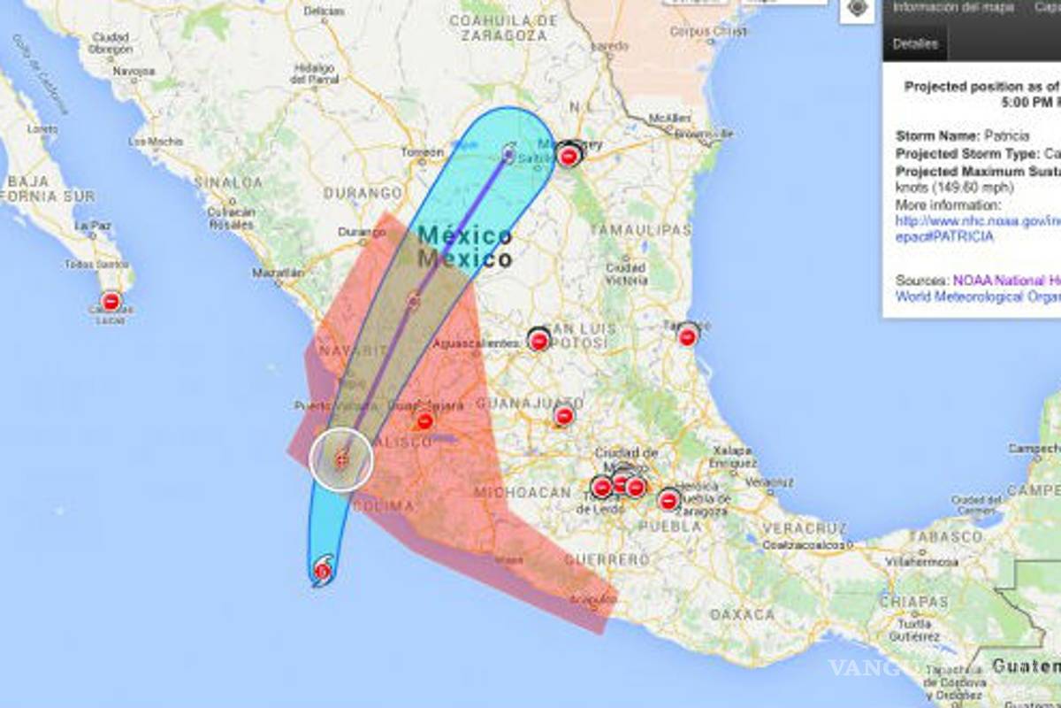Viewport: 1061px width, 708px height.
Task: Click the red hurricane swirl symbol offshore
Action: click(323, 569)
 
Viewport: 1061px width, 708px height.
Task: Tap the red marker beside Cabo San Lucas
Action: click(111, 301)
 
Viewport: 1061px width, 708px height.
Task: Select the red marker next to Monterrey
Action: click(569, 157)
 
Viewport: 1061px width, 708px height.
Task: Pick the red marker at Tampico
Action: click(688, 335)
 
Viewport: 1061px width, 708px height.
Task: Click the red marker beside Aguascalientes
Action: click(538, 340)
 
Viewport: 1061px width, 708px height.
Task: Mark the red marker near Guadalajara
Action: click(425, 420)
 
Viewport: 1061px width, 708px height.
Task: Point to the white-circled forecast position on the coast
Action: click(341, 459)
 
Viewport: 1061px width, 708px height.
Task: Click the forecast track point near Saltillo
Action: click(508, 153)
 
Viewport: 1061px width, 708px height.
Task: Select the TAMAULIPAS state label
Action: click(640, 230)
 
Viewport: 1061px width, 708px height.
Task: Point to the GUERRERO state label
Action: click(607, 559)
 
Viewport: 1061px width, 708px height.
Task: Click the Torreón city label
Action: click(423, 152)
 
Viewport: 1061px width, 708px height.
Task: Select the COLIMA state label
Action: click(383, 506)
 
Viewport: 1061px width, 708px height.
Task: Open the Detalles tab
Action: click(914, 42)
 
